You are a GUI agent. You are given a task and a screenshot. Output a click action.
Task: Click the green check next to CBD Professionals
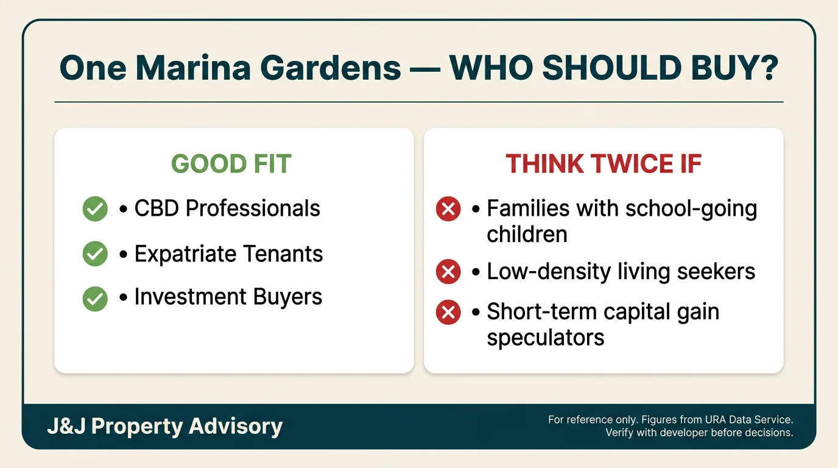[95, 208]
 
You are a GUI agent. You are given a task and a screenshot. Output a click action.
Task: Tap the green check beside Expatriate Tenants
[95, 253]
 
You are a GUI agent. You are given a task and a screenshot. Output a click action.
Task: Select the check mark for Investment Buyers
[95, 299]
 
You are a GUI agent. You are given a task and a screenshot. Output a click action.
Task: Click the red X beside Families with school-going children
[448, 208]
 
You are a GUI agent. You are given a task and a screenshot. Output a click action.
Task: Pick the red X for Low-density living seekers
[448, 271]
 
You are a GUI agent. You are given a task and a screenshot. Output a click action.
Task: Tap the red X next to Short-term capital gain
[448, 312]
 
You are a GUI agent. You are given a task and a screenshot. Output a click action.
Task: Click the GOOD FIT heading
[231, 163]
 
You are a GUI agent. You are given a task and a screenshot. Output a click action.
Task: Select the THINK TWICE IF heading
[604, 163]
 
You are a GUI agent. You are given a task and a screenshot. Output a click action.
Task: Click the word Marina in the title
[193, 68]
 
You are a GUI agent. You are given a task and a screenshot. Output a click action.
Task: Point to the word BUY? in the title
[734, 68]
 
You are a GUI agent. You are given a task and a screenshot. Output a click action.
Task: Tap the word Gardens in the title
[331, 68]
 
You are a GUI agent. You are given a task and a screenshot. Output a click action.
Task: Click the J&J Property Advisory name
[165, 427]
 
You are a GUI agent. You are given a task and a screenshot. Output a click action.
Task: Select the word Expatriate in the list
[185, 254]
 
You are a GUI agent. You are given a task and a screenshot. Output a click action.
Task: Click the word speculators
[546, 338]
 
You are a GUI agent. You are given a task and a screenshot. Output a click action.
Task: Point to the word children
[527, 235]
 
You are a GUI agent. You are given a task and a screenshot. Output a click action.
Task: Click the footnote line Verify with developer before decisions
[699, 433]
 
